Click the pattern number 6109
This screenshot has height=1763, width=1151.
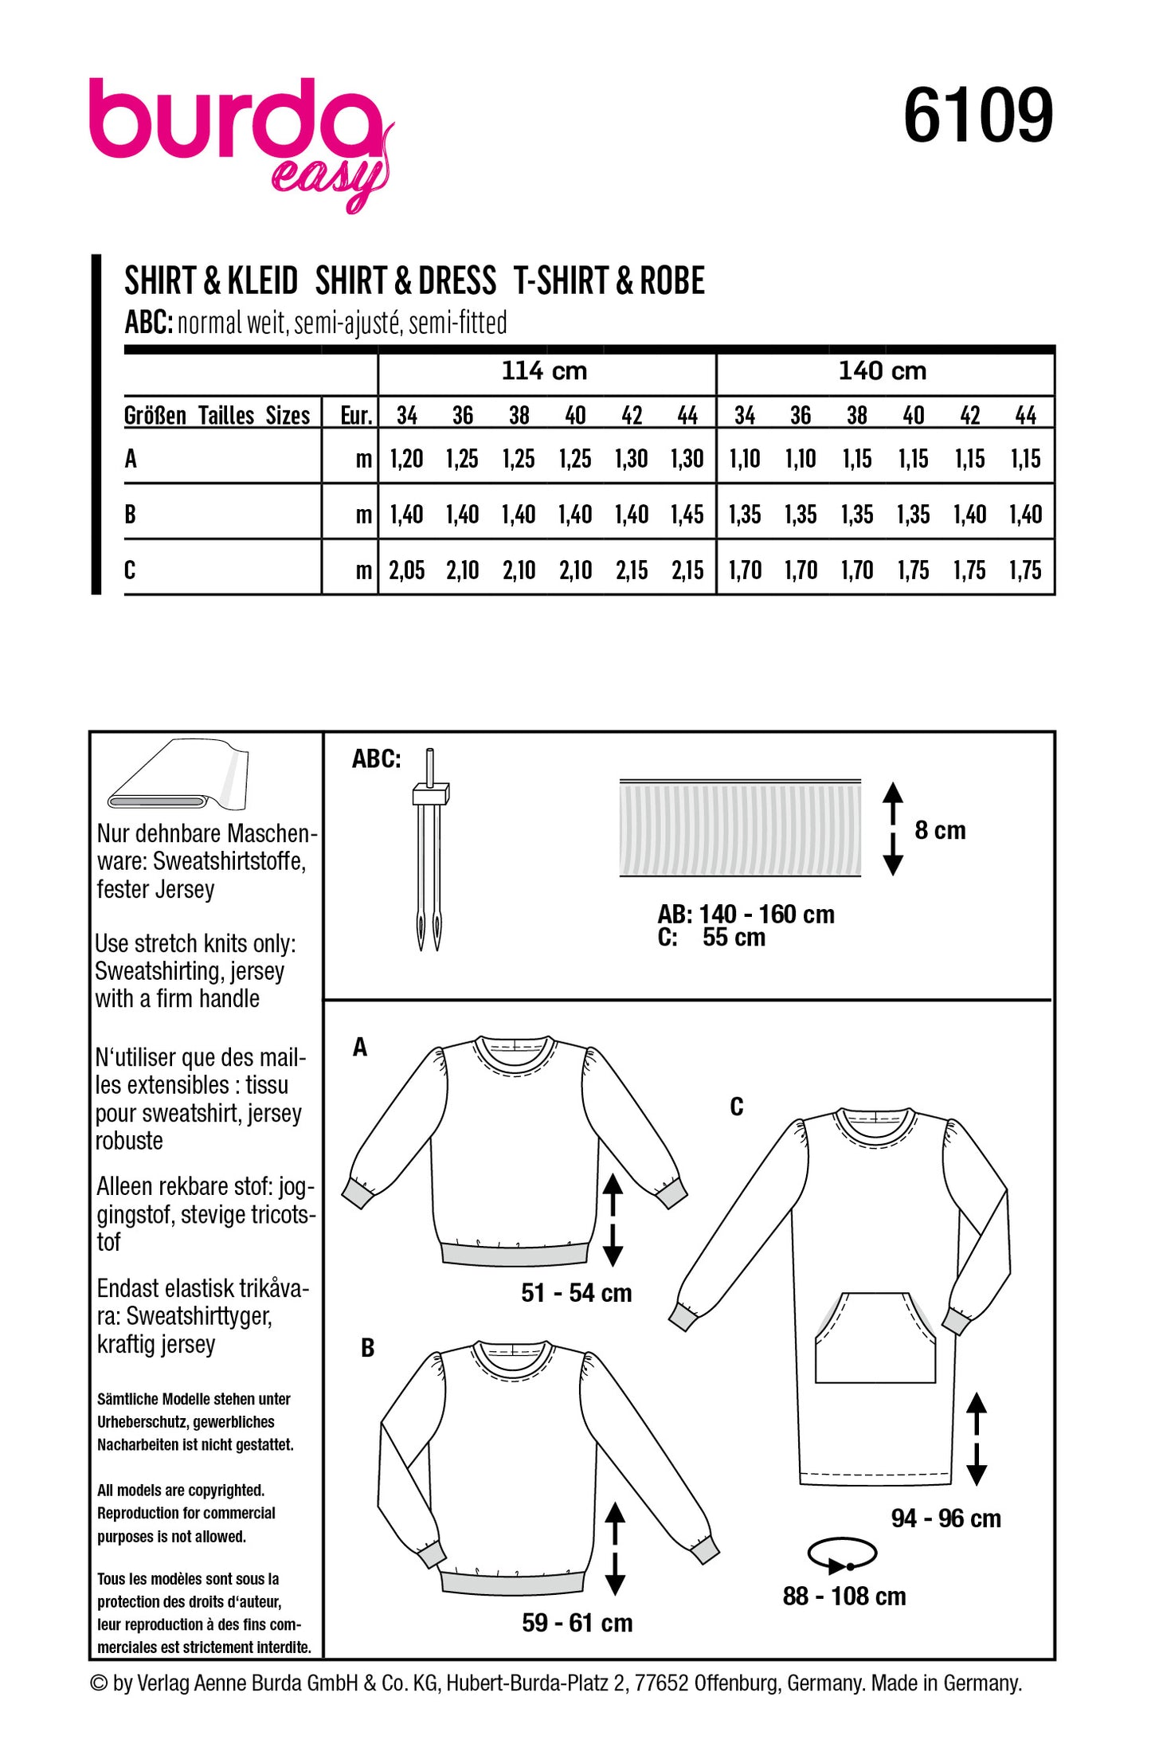(x=977, y=116)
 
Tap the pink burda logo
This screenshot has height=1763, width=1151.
(x=239, y=135)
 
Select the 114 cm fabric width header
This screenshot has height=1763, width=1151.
(x=544, y=371)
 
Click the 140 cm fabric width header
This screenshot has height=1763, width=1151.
(x=883, y=371)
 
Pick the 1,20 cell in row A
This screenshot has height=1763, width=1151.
(x=406, y=459)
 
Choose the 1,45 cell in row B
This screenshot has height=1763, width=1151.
(x=687, y=515)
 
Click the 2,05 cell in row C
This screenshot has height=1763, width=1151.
(x=406, y=570)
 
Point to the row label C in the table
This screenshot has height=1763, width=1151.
(x=130, y=570)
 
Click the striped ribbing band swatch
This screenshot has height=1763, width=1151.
(x=740, y=829)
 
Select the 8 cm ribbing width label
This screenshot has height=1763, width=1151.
(x=940, y=830)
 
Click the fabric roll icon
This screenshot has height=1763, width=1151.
(x=178, y=776)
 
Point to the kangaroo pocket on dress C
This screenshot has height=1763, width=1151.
(x=875, y=1338)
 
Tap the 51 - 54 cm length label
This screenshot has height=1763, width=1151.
(x=576, y=1293)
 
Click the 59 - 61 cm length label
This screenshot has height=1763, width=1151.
(x=577, y=1623)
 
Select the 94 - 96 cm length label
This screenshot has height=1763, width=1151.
(x=945, y=1518)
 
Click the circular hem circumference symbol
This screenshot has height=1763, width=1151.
(x=842, y=1554)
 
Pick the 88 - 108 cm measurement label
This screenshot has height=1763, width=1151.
(x=844, y=1596)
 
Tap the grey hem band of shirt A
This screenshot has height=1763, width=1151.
(x=515, y=1253)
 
